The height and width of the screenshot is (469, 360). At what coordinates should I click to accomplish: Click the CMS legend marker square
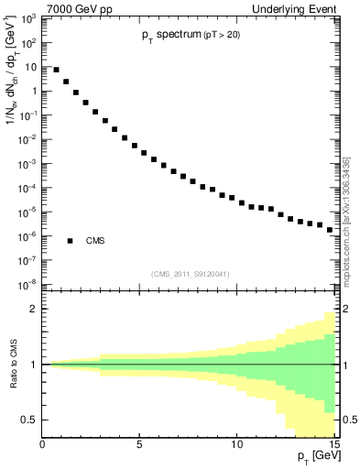point(70,241)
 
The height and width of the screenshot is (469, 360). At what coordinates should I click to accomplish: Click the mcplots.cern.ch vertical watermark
point(345,220)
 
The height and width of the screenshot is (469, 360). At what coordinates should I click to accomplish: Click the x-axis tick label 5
point(140,444)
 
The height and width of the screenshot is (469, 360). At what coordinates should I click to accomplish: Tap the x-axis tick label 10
point(237,444)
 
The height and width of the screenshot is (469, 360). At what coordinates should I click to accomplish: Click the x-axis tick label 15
point(333,444)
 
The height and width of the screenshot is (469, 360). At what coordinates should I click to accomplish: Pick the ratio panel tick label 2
point(35,309)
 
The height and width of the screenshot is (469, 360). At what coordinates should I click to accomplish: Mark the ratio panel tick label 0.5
point(30,420)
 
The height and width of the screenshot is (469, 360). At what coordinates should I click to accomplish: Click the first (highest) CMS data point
point(56,70)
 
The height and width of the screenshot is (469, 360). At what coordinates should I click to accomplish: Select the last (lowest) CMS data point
point(330,229)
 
